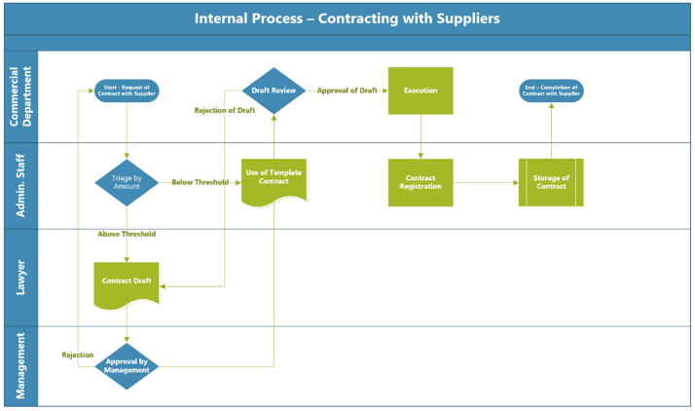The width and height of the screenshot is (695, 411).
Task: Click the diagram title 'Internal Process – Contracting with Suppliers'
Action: [347, 19]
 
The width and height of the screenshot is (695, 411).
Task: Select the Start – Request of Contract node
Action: [127, 91]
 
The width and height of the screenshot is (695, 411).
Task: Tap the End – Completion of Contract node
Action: [551, 91]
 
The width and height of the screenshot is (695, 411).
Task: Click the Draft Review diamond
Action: [274, 91]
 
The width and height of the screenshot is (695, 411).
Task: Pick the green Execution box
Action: [421, 91]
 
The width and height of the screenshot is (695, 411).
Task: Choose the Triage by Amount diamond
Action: [127, 182]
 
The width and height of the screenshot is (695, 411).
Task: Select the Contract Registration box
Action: [421, 182]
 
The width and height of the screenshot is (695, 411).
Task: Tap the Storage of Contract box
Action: [551, 182]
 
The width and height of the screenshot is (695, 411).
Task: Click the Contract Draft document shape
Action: [127, 282]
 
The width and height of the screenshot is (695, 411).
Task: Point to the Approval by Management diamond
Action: [127, 366]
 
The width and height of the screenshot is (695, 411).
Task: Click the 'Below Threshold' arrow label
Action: [201, 182]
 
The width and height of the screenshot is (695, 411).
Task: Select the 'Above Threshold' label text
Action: [127, 234]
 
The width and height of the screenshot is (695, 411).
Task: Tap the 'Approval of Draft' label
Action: [346, 91]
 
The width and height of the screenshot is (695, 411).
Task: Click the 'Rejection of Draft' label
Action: [225, 110]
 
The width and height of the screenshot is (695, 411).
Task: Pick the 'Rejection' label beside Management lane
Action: [78, 355]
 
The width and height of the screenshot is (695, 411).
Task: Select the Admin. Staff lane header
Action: [20, 186]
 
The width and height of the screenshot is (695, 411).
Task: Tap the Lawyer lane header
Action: [20, 278]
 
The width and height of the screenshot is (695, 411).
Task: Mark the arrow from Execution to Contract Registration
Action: [421, 136]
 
